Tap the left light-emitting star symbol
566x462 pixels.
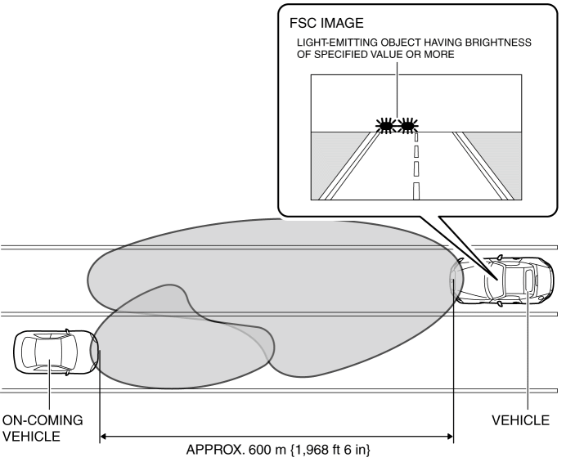pos(384,125)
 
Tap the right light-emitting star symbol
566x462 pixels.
pos(407,125)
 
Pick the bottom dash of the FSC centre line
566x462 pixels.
pos(416,191)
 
